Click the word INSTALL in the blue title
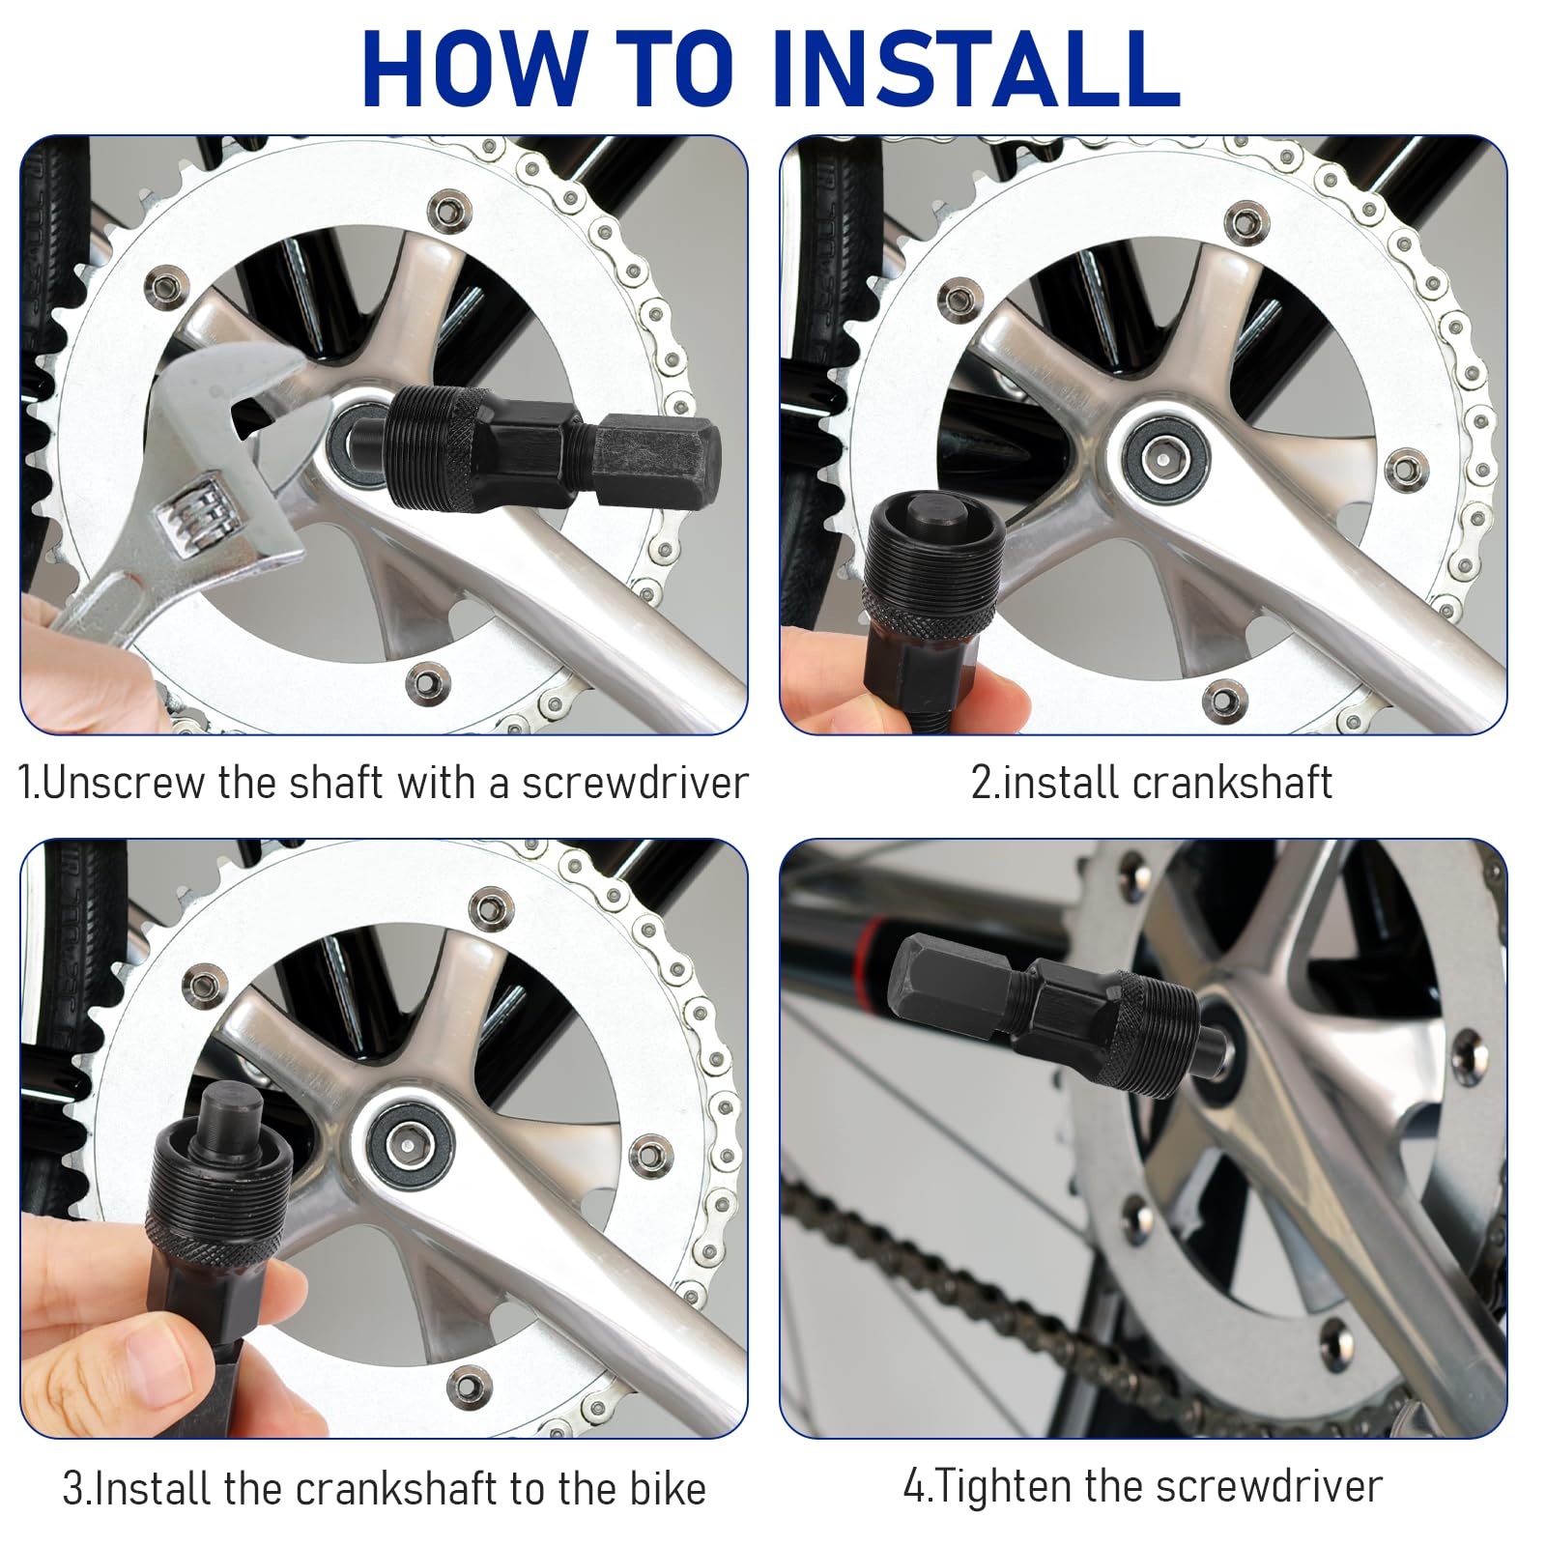point(976,70)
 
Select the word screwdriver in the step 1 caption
point(635,783)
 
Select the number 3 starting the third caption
point(73,1488)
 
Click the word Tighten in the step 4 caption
point(1005,1486)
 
